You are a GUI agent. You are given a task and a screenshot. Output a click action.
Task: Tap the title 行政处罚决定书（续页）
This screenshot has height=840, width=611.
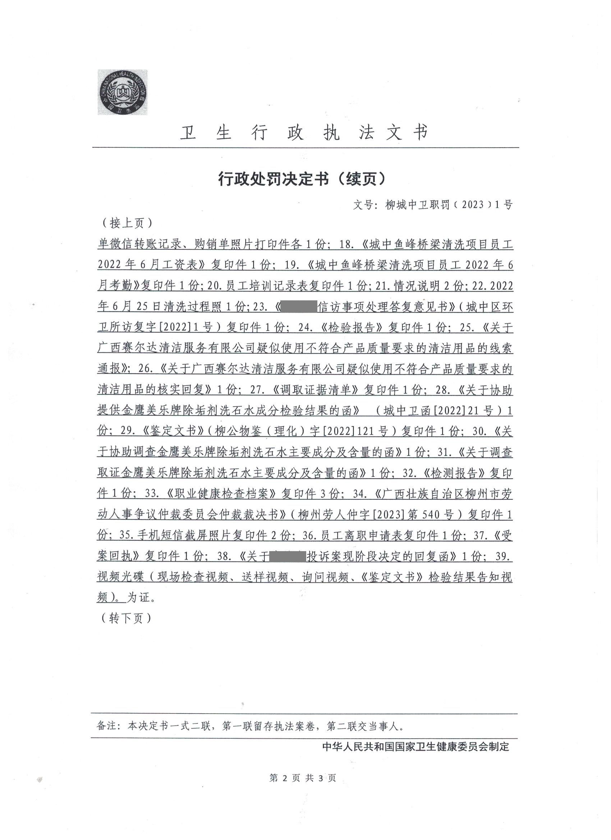click(x=302, y=179)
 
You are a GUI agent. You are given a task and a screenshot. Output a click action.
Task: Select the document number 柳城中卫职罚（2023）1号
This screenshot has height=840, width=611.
click(x=449, y=205)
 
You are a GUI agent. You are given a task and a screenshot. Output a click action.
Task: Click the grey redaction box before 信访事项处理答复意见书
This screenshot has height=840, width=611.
click(x=299, y=307)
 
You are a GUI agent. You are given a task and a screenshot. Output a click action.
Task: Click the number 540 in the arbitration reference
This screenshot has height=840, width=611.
click(x=424, y=515)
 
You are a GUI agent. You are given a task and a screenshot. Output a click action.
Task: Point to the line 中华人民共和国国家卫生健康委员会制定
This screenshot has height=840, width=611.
click(x=416, y=754)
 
